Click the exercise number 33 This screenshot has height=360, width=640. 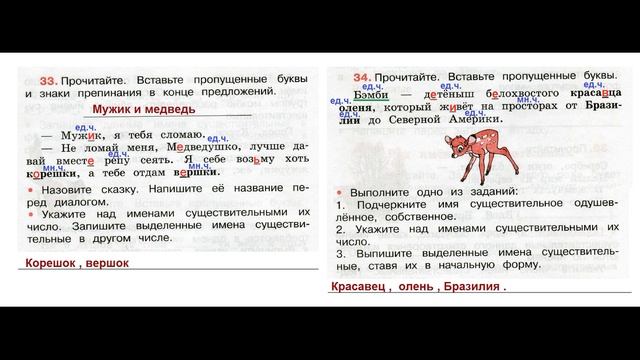click(44, 80)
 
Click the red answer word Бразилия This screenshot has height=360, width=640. click(469, 289)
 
